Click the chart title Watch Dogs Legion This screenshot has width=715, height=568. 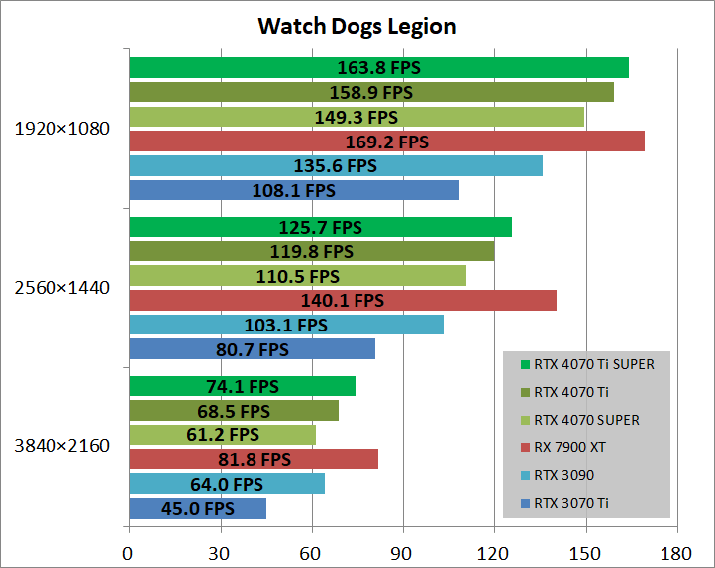point(357,26)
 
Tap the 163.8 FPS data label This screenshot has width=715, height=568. point(376,67)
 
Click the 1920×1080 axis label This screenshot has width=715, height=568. point(61,129)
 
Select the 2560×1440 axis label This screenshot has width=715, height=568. point(61,288)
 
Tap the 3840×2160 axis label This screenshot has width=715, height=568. point(61,446)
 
